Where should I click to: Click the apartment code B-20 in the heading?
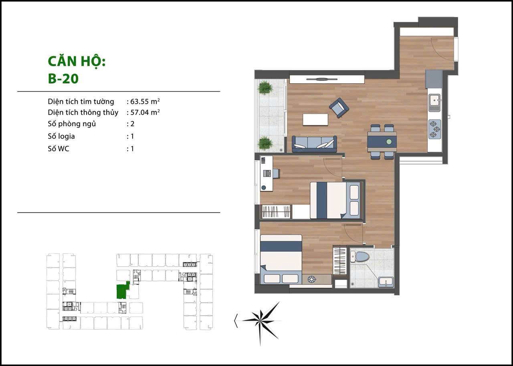[63, 79]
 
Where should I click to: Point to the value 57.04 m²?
[145, 112]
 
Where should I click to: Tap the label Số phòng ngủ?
[72, 124]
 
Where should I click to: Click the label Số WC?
[59, 149]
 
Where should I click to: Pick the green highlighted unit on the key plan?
[123, 291]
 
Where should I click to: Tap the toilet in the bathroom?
[360, 256]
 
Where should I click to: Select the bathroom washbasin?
[386, 282]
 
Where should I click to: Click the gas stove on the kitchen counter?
[435, 129]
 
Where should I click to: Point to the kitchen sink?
[435, 103]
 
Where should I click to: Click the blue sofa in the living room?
[314, 144]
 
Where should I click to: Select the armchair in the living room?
[339, 107]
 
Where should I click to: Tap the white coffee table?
[315, 120]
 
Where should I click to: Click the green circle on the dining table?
[389, 142]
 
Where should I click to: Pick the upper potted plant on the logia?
[265, 87]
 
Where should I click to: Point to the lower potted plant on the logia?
[265, 143]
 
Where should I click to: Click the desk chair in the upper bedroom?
[275, 173]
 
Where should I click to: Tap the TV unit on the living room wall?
[327, 79]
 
